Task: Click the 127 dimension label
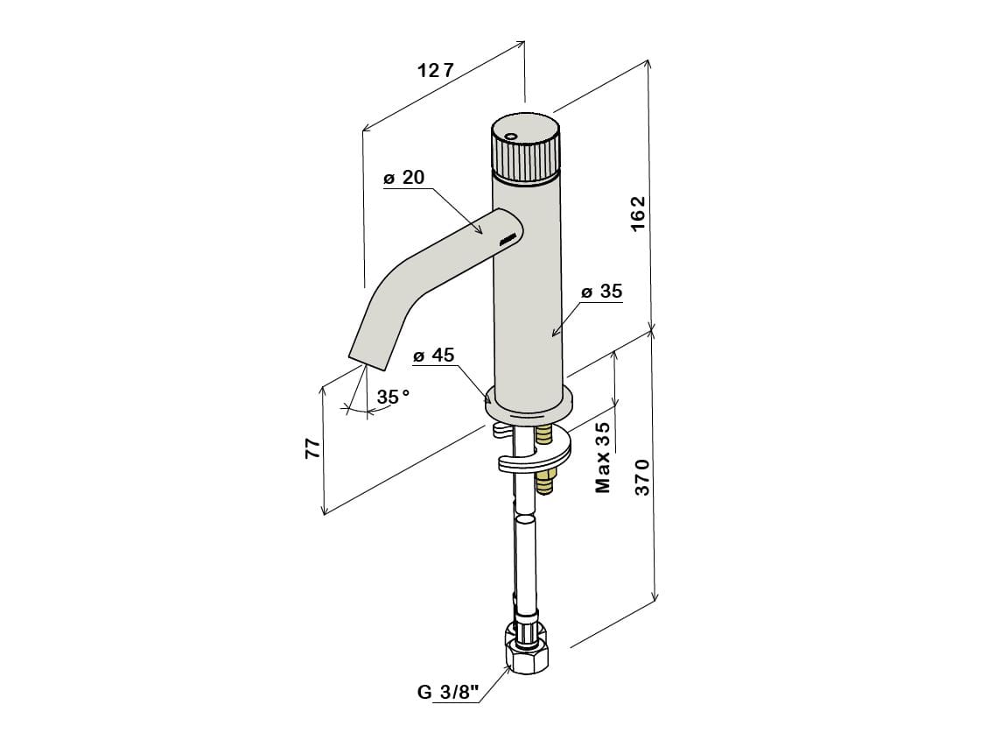coord(436,70)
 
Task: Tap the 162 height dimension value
coord(638,214)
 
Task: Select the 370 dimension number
coord(642,477)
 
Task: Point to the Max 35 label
coord(603,457)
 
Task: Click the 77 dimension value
coord(312,448)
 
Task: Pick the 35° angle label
coord(394,397)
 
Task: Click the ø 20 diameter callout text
coord(404,177)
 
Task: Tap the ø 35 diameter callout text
coord(601,292)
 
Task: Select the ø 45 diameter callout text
coord(434,355)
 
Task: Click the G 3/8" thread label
coord(448,692)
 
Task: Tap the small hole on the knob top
coord(511,136)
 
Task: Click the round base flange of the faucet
coord(529,407)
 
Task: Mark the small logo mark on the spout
coord(509,239)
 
